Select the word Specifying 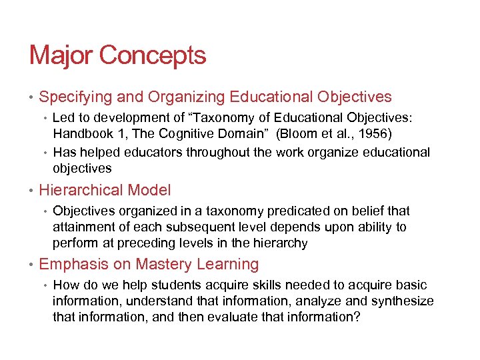[75, 97]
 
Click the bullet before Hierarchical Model [31, 191]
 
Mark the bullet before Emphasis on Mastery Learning [31, 265]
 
